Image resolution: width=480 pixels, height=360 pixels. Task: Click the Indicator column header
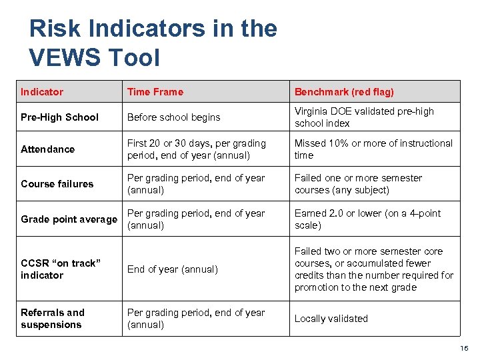(x=42, y=92)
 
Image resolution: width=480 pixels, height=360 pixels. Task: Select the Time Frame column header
(x=155, y=92)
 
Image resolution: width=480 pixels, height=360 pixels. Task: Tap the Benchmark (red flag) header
(x=344, y=92)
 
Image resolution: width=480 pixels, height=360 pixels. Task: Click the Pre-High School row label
(x=59, y=117)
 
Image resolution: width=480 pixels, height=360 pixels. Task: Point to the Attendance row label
(x=48, y=149)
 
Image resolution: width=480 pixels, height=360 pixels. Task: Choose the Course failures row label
(x=57, y=184)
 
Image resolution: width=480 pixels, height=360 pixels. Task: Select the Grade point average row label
(x=69, y=219)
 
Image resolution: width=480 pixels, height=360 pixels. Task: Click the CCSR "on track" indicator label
(x=60, y=269)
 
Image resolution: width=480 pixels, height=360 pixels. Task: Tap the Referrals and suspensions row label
(x=53, y=319)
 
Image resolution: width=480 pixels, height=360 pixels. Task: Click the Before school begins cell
(x=173, y=117)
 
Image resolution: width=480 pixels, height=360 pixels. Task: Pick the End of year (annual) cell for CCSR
(x=173, y=269)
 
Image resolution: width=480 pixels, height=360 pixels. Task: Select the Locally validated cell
(x=331, y=319)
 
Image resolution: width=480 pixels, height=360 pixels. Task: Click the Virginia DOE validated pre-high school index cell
(x=364, y=117)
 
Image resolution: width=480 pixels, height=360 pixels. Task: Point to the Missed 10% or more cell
(x=373, y=149)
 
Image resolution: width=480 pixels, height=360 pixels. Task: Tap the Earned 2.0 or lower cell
(x=367, y=219)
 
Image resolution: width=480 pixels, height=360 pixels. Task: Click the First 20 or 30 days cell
(x=197, y=149)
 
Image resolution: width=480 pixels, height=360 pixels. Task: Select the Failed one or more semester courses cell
(x=359, y=184)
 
